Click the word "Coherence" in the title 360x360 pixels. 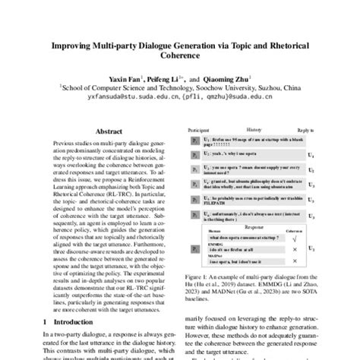click(180, 54)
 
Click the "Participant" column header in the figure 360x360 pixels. click(197, 131)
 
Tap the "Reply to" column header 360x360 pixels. click(305, 131)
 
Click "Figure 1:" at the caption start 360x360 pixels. click(195, 278)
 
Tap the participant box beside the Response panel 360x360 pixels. click(193, 247)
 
